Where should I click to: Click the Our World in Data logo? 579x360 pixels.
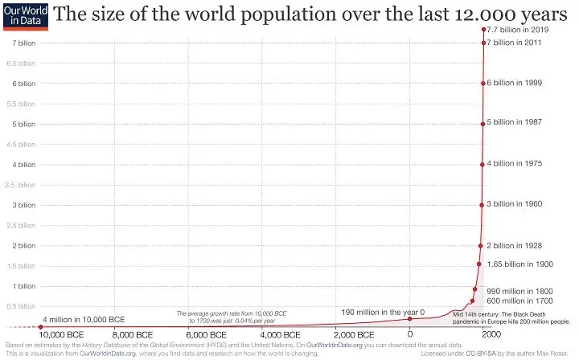[x=15, y=16]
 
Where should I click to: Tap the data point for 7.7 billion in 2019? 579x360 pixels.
[x=484, y=29]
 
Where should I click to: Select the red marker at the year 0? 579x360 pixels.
[x=409, y=319]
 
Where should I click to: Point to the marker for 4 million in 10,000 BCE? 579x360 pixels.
[x=41, y=326]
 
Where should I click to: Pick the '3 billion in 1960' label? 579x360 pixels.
[x=517, y=204]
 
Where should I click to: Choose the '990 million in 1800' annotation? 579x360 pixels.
[x=522, y=290]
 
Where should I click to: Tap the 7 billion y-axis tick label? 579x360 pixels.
[x=22, y=43]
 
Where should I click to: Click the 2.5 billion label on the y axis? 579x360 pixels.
[x=20, y=225]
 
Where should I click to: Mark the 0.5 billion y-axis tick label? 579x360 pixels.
[x=20, y=306]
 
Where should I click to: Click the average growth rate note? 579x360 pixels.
[x=232, y=316]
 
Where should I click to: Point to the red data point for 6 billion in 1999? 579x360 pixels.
[x=482, y=84]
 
